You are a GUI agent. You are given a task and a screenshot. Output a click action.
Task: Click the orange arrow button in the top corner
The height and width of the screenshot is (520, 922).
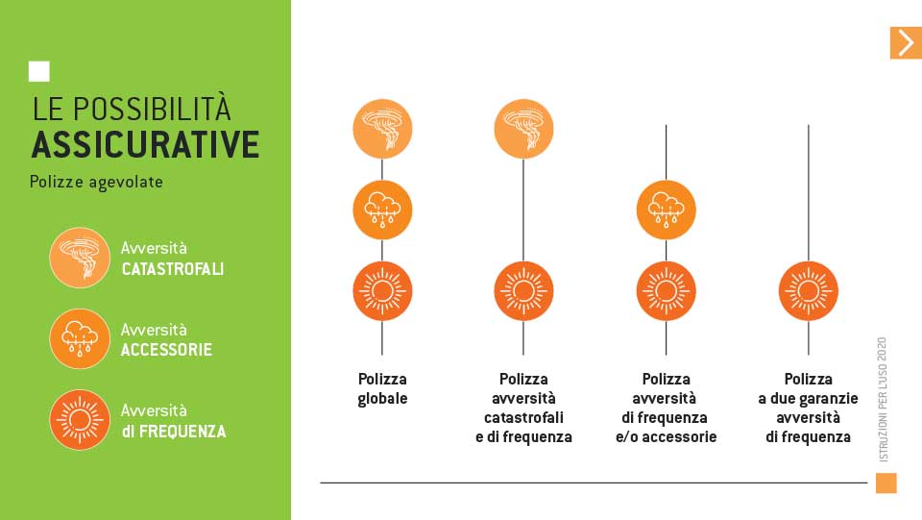[906, 43]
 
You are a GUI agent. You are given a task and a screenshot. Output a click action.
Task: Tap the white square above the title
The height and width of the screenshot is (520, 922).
[38, 71]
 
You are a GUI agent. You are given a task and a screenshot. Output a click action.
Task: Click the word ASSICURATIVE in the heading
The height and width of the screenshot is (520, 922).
[145, 145]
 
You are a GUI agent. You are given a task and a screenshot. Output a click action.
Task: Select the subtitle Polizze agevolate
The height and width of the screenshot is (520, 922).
[96, 182]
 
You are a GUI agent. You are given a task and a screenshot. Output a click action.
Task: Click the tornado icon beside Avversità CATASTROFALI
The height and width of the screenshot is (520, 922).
[80, 258]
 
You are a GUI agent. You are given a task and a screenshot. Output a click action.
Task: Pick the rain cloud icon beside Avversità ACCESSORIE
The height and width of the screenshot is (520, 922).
[80, 339]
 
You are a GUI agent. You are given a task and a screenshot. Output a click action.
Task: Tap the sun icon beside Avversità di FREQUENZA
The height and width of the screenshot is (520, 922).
[80, 420]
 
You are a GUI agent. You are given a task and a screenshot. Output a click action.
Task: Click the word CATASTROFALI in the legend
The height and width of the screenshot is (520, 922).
[172, 269]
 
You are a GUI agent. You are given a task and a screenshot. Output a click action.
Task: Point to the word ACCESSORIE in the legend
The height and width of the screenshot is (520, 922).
[166, 350]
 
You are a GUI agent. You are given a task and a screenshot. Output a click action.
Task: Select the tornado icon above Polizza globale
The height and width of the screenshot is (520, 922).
[382, 129]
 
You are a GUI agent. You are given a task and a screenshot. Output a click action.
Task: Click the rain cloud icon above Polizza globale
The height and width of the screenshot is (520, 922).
[382, 210]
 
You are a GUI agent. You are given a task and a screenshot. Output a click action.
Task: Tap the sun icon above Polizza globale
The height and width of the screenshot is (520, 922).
[382, 291]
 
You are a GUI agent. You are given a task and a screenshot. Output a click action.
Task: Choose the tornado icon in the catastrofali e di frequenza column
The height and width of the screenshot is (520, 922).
[523, 129]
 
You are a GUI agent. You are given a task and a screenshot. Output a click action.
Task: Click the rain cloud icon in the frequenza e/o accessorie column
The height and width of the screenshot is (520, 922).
[667, 210]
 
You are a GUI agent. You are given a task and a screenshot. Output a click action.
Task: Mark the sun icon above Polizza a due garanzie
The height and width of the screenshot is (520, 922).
[809, 291]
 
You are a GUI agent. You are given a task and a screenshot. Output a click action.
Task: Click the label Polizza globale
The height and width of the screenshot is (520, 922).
[382, 389]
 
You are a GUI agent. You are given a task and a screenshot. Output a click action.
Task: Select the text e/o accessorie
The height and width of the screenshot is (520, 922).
[667, 437]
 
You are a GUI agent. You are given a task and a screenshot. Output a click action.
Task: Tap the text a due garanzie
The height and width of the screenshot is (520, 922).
[809, 399]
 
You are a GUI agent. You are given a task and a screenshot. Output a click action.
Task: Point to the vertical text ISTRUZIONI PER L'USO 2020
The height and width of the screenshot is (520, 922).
[883, 400]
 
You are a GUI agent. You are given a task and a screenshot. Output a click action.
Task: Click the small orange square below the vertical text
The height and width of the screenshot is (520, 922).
[886, 483]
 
